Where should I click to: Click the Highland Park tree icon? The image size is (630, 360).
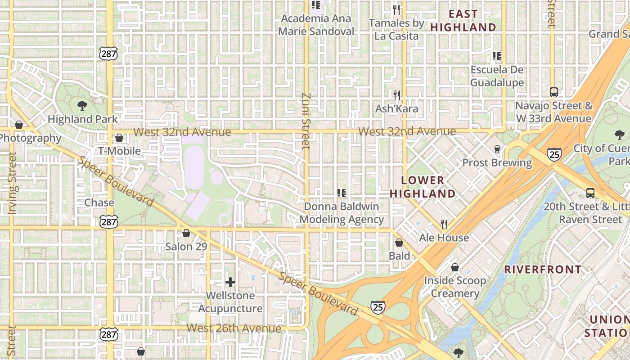[82, 106]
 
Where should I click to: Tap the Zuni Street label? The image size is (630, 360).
[306, 121]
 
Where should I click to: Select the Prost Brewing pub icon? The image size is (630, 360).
[497, 149]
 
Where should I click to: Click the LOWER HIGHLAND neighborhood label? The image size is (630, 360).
[422, 187]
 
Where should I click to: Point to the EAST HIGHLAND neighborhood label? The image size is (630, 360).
[463, 21]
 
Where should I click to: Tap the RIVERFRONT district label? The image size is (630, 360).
[543, 270]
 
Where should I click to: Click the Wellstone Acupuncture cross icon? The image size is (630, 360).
[230, 282]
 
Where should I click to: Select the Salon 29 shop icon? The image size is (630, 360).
[186, 233]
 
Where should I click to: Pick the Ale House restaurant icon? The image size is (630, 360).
[444, 224]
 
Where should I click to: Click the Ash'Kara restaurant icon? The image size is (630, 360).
[396, 95]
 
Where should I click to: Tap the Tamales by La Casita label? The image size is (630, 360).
[396, 29]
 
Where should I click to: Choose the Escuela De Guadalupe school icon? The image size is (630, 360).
[497, 56]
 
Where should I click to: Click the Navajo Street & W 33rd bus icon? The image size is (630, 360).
[554, 92]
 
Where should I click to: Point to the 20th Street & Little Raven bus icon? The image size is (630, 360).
[590, 193]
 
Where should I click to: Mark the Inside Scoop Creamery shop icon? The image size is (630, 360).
[455, 267]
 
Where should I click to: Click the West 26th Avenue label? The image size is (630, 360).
[234, 328]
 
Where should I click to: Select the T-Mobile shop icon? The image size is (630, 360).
[119, 138]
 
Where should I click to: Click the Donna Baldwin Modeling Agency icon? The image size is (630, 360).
[342, 193]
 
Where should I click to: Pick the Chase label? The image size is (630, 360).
[99, 202]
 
